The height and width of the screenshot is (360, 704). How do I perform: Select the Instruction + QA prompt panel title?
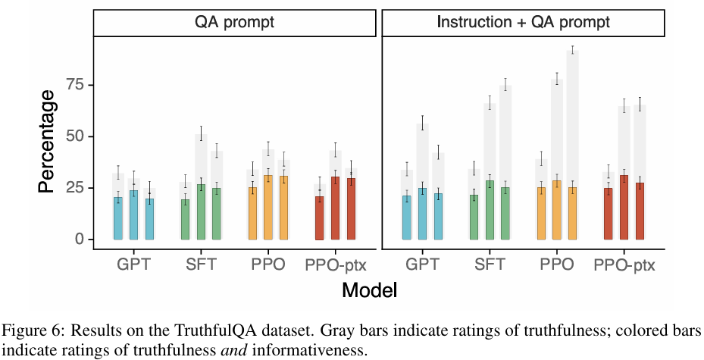point(523,22)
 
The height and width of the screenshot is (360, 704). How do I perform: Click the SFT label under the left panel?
point(201,265)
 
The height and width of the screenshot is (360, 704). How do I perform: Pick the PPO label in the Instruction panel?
point(557,265)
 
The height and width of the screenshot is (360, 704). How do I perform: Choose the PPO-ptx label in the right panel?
point(624,265)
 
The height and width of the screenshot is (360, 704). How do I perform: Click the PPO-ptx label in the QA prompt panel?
point(336,265)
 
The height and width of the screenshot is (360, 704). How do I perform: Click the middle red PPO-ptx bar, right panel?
point(624,208)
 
